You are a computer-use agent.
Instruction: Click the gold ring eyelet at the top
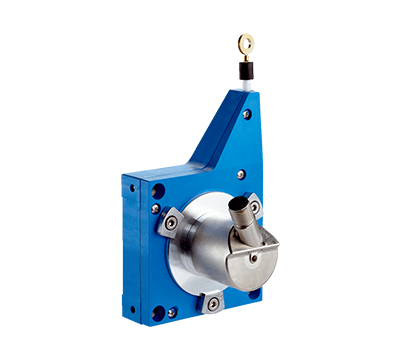(245, 42)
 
